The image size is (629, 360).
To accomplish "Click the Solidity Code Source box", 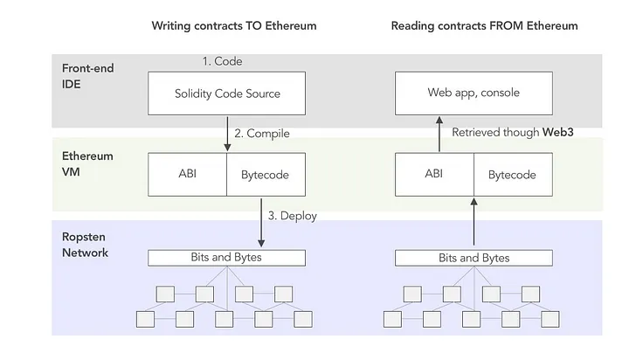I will (x=226, y=93).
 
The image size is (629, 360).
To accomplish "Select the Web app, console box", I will (x=474, y=93).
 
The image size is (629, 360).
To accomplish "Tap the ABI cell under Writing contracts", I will (x=188, y=175).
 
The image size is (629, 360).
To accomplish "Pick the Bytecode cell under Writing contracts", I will (x=266, y=175).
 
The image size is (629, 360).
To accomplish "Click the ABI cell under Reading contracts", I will (x=434, y=175).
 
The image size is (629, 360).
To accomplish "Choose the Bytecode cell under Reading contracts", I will (x=512, y=175).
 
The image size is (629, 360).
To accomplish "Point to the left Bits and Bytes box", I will (x=226, y=258).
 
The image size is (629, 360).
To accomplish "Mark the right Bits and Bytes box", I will (x=473, y=258).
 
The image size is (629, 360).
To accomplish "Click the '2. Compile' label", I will (x=261, y=134).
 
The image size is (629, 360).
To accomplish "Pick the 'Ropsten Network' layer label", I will (x=85, y=245).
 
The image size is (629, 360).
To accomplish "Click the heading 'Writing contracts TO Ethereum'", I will (x=233, y=25).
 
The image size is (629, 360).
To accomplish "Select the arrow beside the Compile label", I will (x=226, y=134).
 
